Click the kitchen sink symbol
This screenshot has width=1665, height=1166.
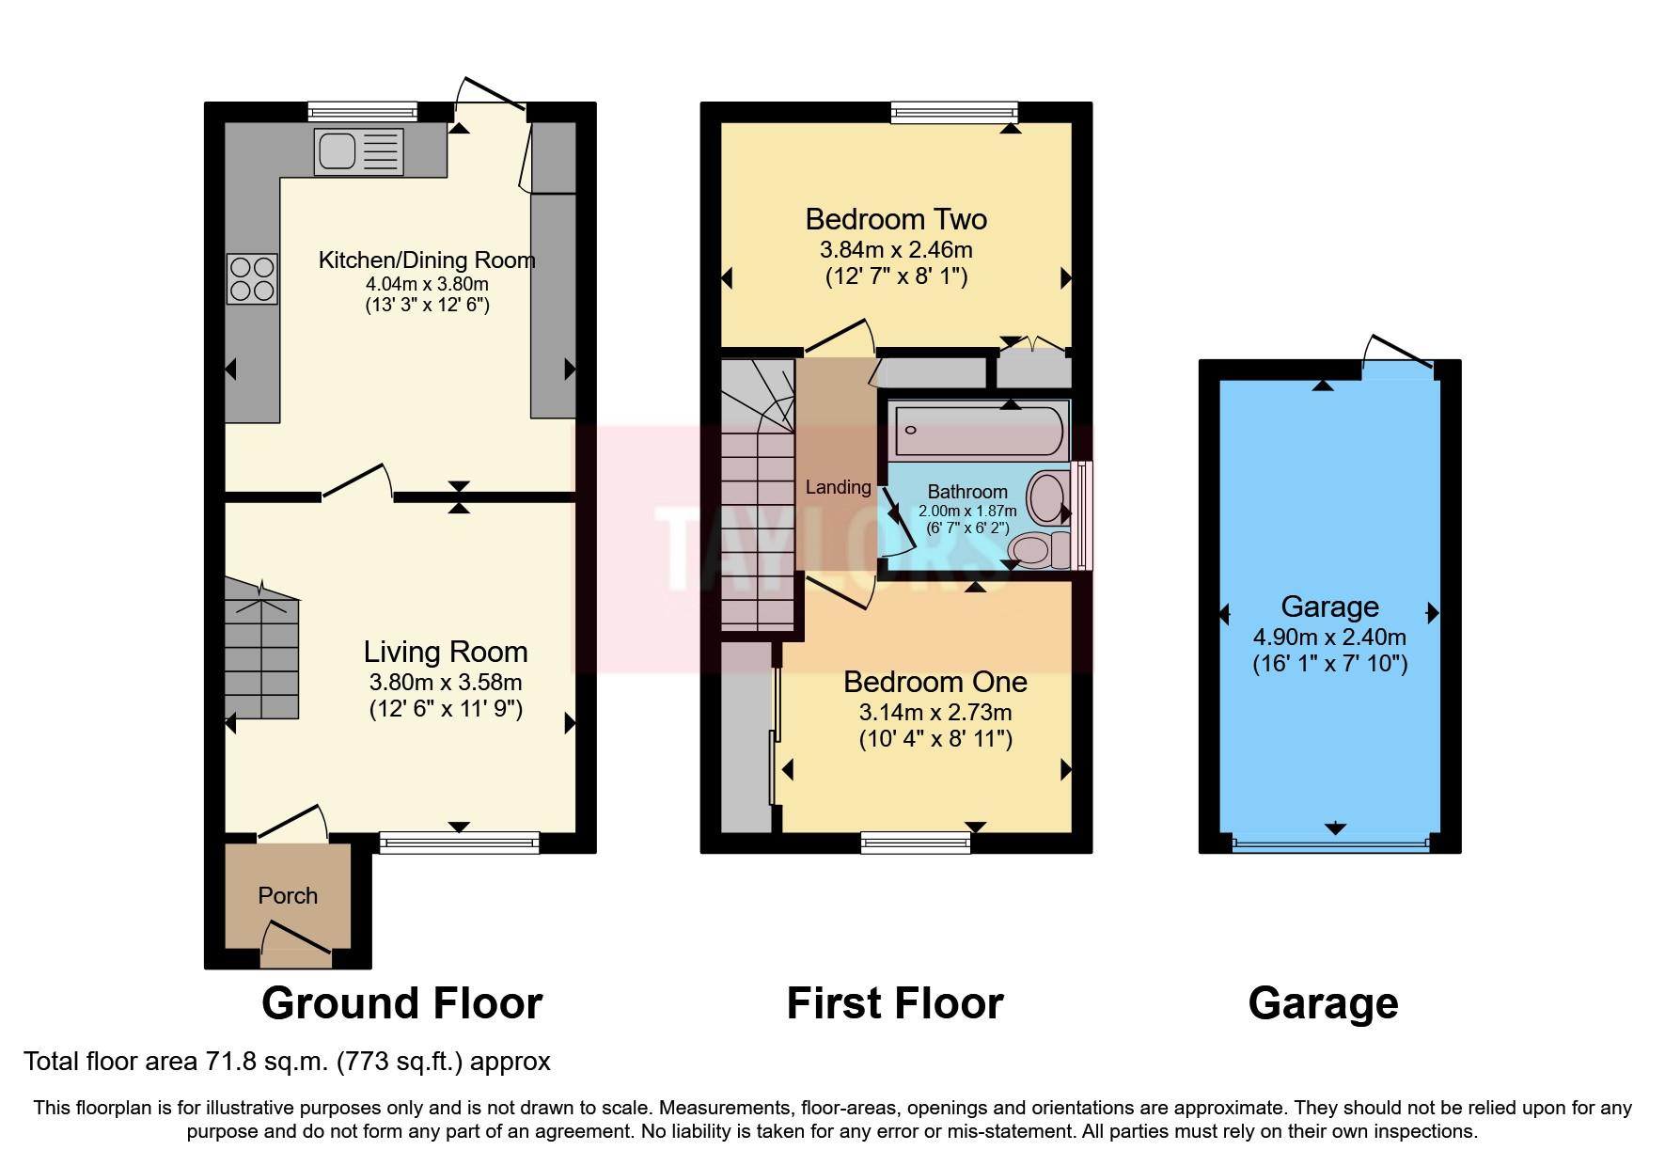click(x=358, y=151)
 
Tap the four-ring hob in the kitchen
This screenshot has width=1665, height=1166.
click(x=252, y=278)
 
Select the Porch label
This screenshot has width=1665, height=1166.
click(x=288, y=895)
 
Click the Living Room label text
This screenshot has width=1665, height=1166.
click(x=445, y=652)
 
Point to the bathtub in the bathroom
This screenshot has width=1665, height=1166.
click(x=978, y=431)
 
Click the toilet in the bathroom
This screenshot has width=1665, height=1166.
click(x=1038, y=550)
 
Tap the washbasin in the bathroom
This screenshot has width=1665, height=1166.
click(x=1047, y=496)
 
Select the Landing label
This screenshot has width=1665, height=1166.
click(x=838, y=487)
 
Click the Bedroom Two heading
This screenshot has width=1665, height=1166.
click(x=896, y=219)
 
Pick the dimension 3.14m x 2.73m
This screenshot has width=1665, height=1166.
click(x=935, y=712)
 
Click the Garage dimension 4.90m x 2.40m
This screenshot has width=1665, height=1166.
click(x=1329, y=637)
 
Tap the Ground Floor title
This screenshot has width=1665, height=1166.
click(x=401, y=1003)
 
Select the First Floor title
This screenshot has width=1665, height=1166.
click(x=894, y=1003)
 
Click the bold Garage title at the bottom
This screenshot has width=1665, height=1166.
click(x=1323, y=1003)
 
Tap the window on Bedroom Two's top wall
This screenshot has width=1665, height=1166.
click(x=954, y=113)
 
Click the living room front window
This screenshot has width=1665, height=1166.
click(x=459, y=843)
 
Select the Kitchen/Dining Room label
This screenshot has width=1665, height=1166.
click(x=427, y=260)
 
